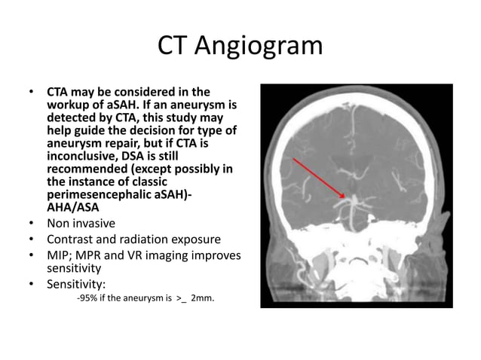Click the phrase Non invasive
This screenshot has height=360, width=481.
click(81, 224)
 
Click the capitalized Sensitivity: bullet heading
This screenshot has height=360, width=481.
click(77, 284)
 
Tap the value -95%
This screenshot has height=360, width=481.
click(89, 299)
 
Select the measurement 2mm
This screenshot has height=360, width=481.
click(202, 299)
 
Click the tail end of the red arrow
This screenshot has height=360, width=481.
click(293, 159)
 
